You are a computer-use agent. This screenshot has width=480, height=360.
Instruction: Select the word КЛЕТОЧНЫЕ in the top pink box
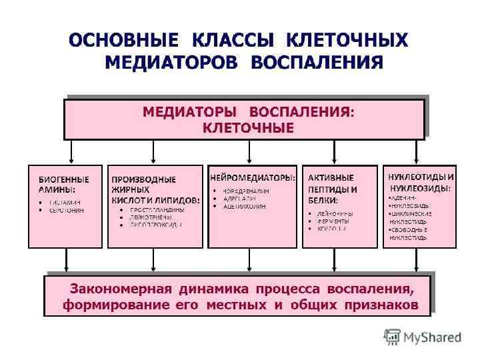coord(247,127)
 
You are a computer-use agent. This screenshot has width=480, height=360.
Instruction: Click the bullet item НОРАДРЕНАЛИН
coord(247,190)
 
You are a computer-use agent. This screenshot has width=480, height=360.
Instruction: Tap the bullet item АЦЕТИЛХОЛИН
coord(243,207)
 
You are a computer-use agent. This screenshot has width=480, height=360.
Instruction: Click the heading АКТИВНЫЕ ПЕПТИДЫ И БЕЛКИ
coord(332,189)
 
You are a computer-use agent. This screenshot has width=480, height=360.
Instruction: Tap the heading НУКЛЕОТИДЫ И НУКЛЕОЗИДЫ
coord(421,183)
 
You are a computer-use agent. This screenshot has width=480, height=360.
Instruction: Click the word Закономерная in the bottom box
coord(119,289)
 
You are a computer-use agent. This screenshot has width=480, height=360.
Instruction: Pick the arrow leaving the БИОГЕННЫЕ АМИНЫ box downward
coord(65,259)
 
